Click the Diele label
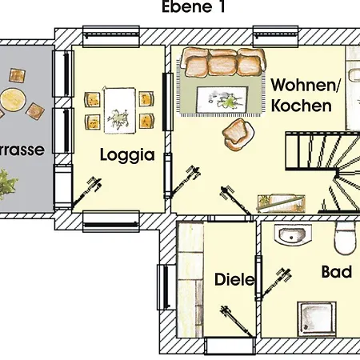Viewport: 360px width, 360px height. pyautogui.click(x=234, y=280)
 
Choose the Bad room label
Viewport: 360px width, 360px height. pyautogui.click(x=336, y=272)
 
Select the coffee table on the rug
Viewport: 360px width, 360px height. pyautogui.click(x=220, y=98)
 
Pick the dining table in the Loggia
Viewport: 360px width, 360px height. pyautogui.click(x=118, y=109)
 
